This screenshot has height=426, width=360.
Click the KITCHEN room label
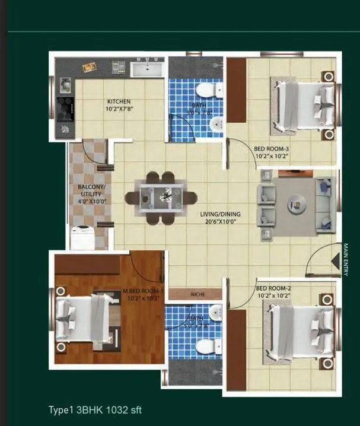click(x=119, y=101)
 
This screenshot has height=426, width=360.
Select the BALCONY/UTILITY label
click(x=90, y=190)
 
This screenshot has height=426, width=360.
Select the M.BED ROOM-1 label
click(x=143, y=291)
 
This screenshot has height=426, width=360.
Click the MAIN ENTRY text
click(x=345, y=259)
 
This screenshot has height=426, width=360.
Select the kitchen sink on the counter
click(x=146, y=69)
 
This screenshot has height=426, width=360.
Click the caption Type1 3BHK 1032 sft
click(x=95, y=409)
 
